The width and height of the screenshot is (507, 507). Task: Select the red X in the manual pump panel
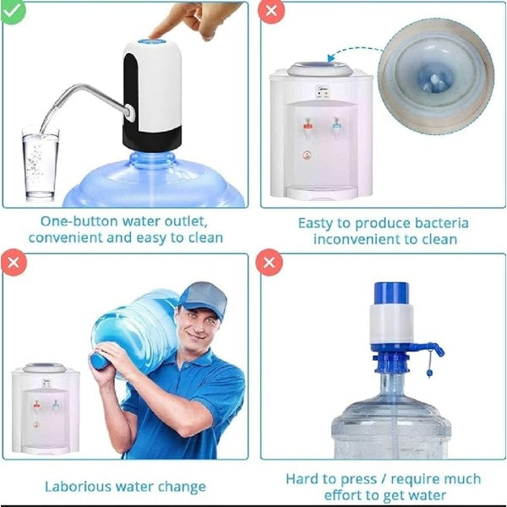tap(270, 263)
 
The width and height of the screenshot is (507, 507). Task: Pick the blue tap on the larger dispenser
tap(336, 128)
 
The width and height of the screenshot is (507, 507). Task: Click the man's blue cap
tap(202, 297)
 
